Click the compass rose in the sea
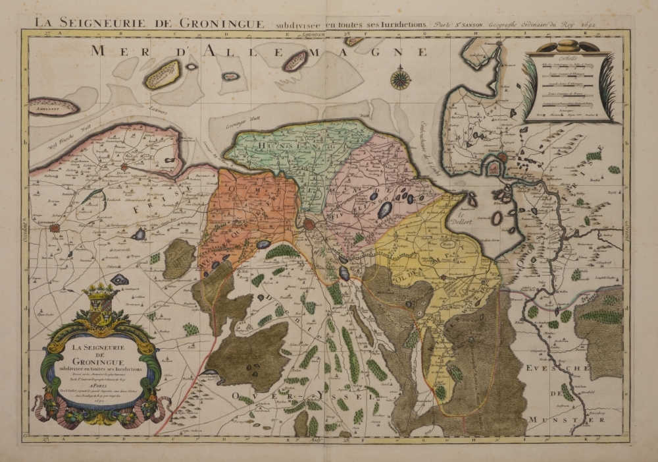point(400,78)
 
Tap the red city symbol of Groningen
point(309,225)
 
